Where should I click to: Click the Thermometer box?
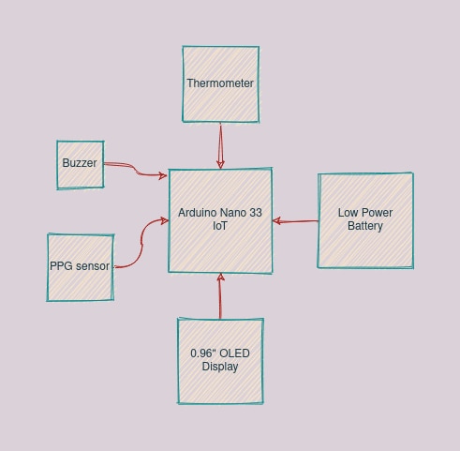point(221,84)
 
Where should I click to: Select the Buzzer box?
point(81,165)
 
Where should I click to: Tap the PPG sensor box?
point(81,267)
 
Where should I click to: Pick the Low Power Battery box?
point(365,220)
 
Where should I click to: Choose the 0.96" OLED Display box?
point(220,361)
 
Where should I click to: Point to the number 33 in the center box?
point(256,213)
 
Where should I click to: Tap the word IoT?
point(220,226)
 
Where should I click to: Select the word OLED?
point(234,353)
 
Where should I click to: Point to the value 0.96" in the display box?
point(203,353)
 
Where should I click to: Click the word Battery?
point(365,226)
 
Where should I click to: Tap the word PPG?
point(61,266)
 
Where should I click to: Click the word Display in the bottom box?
point(220,367)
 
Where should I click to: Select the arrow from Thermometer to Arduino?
point(220,145)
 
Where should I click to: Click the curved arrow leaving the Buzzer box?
point(136,170)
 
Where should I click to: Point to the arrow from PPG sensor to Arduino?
point(142,242)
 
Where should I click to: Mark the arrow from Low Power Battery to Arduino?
point(295,221)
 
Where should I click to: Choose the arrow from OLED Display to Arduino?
point(220,296)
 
